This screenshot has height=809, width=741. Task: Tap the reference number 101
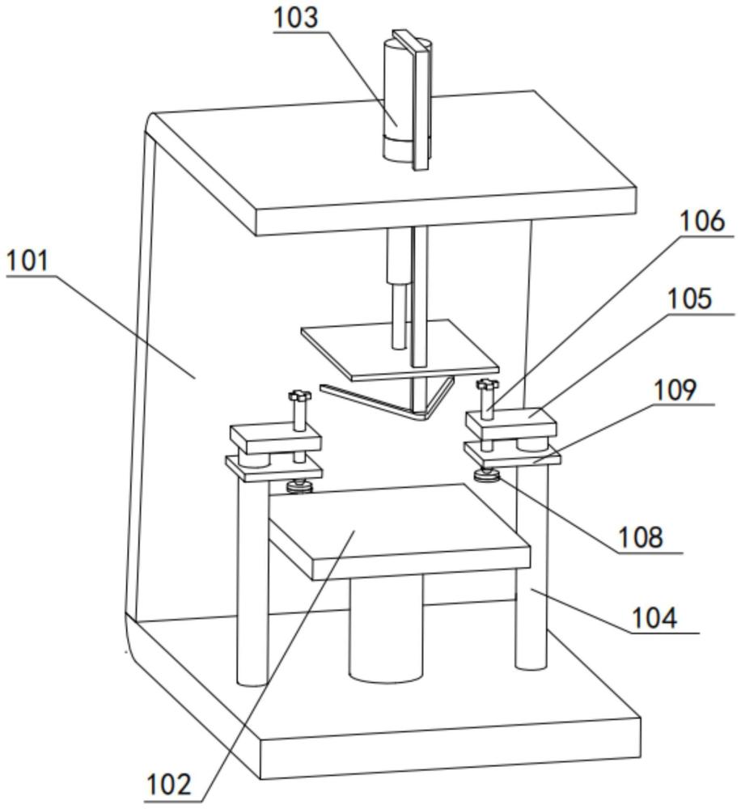pos(29,261)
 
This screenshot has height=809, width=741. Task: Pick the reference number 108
pos(640,536)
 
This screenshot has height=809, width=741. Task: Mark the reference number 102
pos(168,784)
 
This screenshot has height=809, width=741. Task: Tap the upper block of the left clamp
pos(275,439)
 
